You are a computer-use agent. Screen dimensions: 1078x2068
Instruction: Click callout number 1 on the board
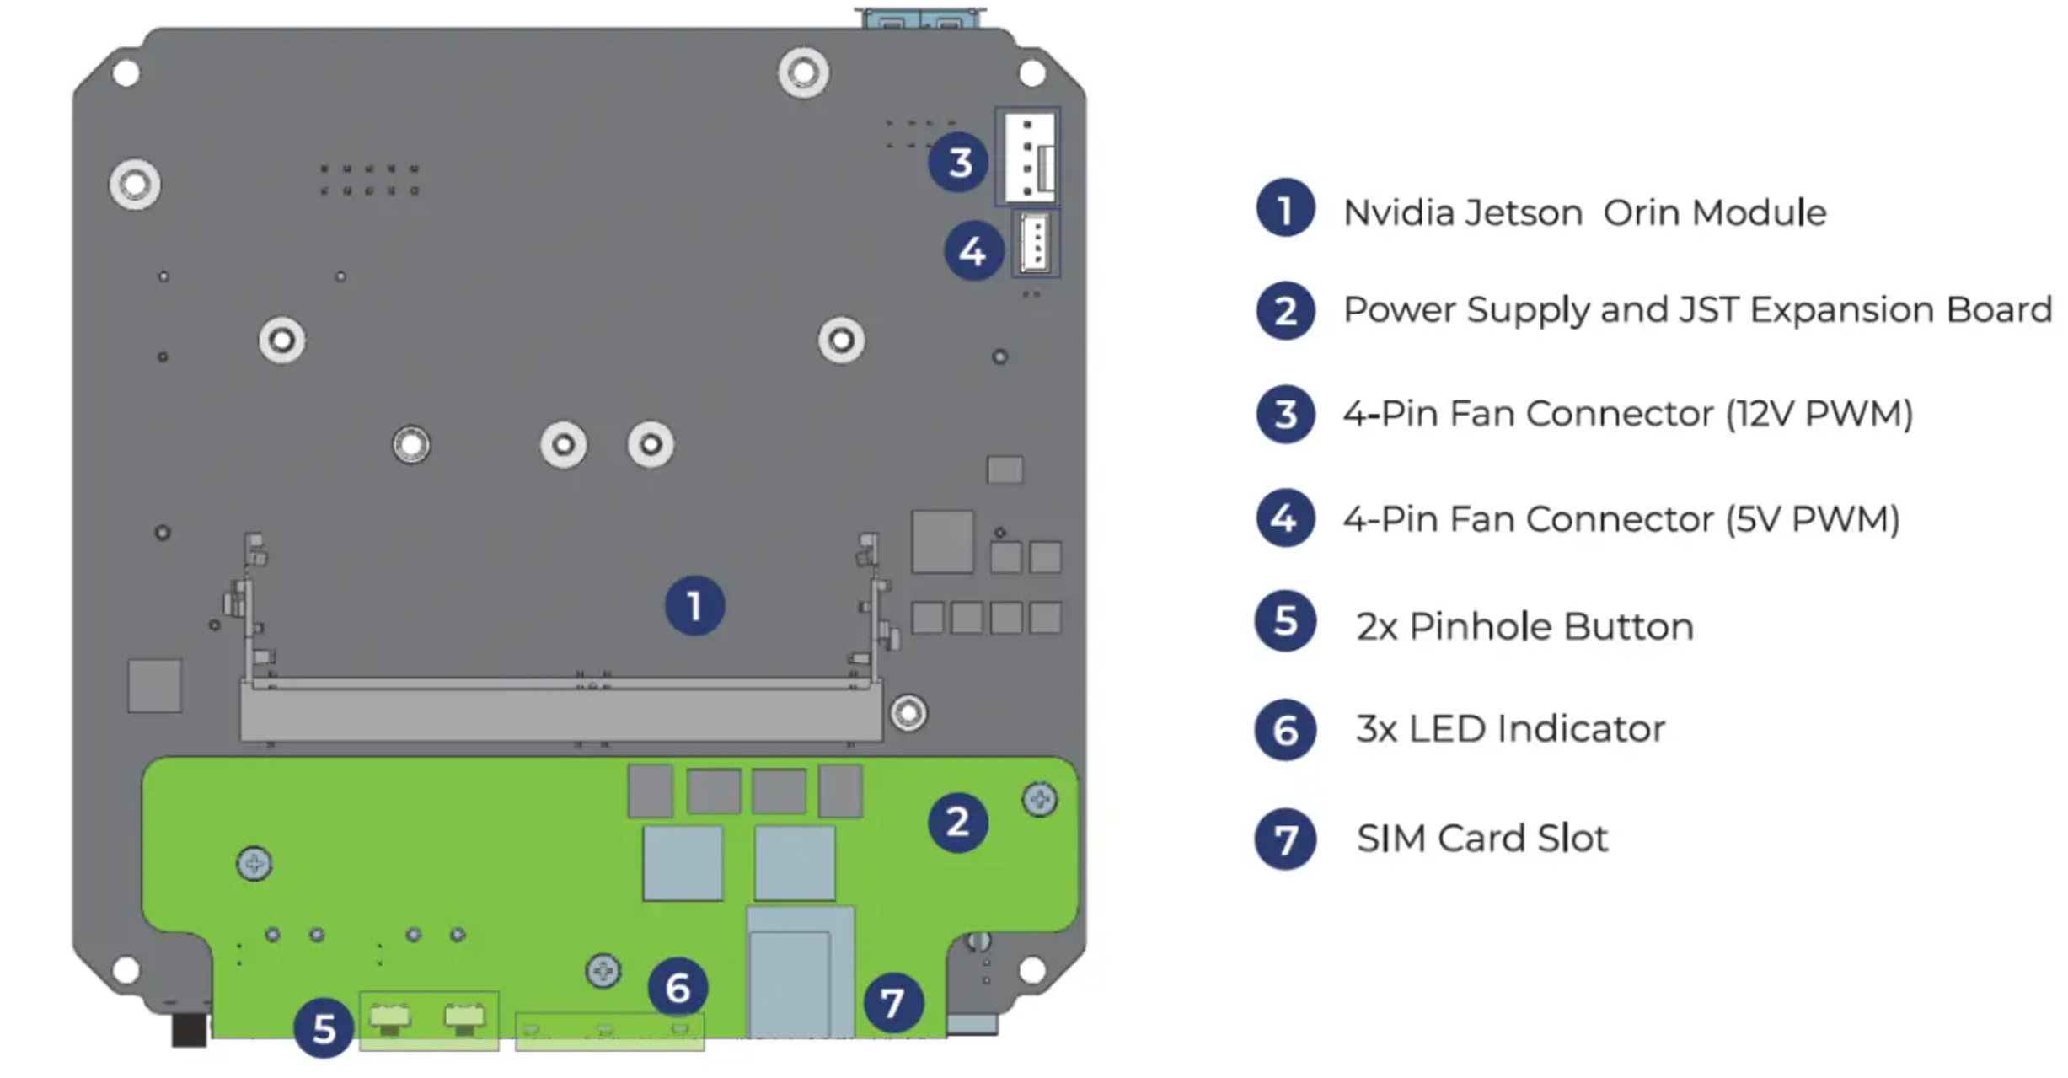pyautogui.click(x=694, y=606)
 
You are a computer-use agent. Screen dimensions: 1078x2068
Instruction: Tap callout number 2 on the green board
pyautogui.click(x=957, y=823)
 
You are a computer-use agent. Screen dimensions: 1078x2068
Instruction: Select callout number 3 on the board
pyautogui.click(x=959, y=162)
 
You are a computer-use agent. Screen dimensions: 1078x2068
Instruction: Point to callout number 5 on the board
pyautogui.click(x=324, y=1028)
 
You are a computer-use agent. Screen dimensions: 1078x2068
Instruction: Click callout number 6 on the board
pyautogui.click(x=678, y=988)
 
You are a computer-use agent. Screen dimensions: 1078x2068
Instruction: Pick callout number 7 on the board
pyautogui.click(x=893, y=1003)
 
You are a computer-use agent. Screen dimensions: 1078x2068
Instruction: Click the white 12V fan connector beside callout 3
pyautogui.click(x=1030, y=157)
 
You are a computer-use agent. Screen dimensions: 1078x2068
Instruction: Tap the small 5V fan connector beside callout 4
pyautogui.click(x=1036, y=244)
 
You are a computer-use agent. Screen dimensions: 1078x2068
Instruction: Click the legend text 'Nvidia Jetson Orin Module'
pyautogui.click(x=1584, y=212)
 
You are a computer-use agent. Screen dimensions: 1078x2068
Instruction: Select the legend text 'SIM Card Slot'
pyautogui.click(x=1481, y=839)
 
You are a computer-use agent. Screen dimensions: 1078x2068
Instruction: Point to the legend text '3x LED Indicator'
pyautogui.click(x=1510, y=729)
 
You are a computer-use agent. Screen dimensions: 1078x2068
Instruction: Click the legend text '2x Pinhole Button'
pyautogui.click(x=1524, y=626)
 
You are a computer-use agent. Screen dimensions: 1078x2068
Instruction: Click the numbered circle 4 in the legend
pyautogui.click(x=1285, y=518)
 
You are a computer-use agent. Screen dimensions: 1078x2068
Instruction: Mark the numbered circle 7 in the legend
pyautogui.click(x=1285, y=839)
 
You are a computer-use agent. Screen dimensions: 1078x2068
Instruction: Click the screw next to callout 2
pyautogui.click(x=1039, y=799)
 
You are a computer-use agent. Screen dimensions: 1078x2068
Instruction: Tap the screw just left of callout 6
pyautogui.click(x=603, y=971)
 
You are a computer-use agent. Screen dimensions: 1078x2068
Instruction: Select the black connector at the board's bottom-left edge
pyautogui.click(x=189, y=1029)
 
